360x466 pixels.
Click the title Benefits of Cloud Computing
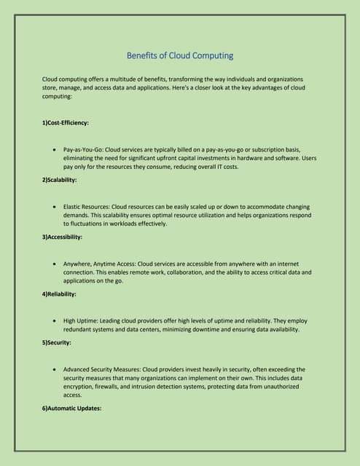click(180, 55)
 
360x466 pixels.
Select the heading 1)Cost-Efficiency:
click(66, 123)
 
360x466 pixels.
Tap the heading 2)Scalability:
click(60, 179)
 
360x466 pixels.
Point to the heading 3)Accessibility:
click(62, 237)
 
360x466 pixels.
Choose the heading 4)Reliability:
click(60, 294)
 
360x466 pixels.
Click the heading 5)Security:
click(57, 342)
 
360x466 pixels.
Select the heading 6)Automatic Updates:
click(71, 408)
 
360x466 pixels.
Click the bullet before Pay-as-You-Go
click(55, 148)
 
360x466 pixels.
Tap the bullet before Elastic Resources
click(55, 206)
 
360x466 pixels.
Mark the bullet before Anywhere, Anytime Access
click(55, 263)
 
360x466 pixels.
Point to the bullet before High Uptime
click(55, 320)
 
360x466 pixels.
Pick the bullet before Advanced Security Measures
click(55, 369)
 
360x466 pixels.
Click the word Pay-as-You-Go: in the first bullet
click(84, 148)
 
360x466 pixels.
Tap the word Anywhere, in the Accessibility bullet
click(79, 263)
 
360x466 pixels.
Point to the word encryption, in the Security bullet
click(83, 387)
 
